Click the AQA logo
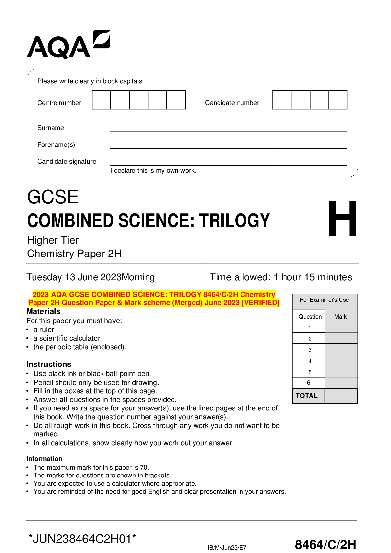tap(68, 45)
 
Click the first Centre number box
tap(101, 100)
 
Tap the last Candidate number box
tap(338, 100)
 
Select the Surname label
tap(51, 128)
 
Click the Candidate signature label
tap(67, 162)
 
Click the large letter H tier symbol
tap(342, 219)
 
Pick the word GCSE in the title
tap(53, 197)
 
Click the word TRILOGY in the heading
tap(234, 221)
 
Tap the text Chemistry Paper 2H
tap(74, 254)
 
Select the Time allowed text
tap(281, 277)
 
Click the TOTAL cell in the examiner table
tap(307, 396)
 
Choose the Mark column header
tap(340, 317)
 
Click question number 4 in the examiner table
tap(310, 361)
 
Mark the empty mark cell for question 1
tap(341, 327)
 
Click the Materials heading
tap(43, 311)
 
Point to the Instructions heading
tap(49, 364)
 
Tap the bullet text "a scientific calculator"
tap(67, 338)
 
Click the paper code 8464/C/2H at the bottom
tap(325, 544)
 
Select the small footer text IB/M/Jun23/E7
tap(227, 547)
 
